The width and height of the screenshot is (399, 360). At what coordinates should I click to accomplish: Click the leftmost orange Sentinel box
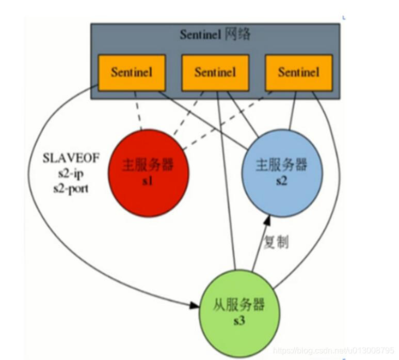point(132,73)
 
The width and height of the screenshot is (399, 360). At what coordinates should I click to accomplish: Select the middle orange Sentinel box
point(215,72)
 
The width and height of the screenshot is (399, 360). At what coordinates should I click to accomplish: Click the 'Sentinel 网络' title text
point(215,35)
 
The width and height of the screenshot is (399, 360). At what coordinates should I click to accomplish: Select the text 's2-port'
point(71,188)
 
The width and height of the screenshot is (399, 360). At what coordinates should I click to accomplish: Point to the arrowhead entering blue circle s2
point(267,221)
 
